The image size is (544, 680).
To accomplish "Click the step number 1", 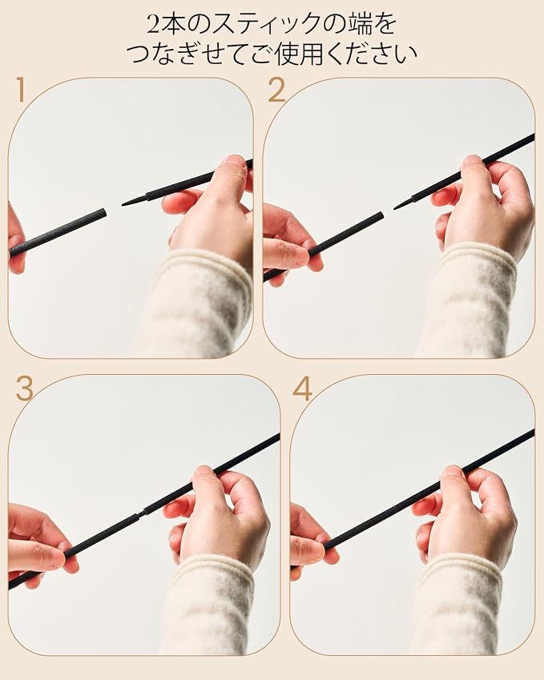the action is coord(20,90).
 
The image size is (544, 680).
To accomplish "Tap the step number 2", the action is coord(276,90).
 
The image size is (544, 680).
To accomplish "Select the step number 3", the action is coord(24,388).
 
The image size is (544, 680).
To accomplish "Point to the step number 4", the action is coord(302,388).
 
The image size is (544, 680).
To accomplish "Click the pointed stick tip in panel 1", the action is coord(123,204).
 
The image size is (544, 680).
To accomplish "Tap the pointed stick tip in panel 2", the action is coord(395,208).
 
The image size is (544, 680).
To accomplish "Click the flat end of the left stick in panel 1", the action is coord(104,213).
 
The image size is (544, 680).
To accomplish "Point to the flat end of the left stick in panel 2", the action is coord(381,216).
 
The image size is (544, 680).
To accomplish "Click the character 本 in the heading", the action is coord(176,24).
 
